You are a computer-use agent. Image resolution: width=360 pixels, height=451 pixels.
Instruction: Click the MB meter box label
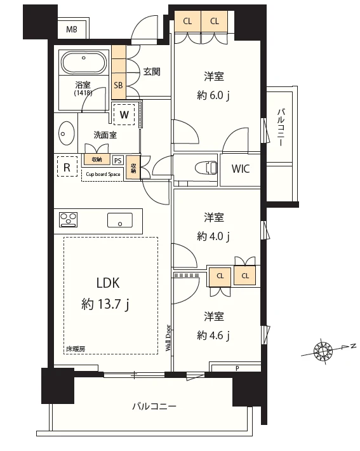[x=72, y=29]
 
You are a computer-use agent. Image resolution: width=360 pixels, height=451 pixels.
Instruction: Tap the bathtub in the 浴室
[x=85, y=64]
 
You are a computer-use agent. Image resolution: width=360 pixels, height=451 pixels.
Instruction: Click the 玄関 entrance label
[x=151, y=72]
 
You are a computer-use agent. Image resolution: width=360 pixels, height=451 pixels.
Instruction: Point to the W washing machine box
[x=125, y=115]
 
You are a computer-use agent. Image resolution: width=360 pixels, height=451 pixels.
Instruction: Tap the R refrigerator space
[x=66, y=168]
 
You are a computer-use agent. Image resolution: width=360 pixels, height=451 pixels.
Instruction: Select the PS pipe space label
[x=117, y=161]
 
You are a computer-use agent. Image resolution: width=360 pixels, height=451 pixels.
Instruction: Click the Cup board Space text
[x=103, y=174]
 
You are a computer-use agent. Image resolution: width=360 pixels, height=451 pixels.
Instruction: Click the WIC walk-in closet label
[x=240, y=170]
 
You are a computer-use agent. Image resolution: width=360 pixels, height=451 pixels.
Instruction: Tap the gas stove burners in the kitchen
[x=68, y=220]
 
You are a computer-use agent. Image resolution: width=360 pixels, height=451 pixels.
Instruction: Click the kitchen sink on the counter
[x=120, y=220]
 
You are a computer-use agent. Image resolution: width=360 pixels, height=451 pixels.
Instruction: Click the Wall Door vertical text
[x=168, y=337]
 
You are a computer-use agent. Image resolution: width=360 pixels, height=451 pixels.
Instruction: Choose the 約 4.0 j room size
[x=213, y=236]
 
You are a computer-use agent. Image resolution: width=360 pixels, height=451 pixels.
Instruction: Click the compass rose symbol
[x=323, y=349]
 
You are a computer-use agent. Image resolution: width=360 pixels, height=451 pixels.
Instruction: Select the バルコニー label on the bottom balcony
[x=154, y=407]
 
